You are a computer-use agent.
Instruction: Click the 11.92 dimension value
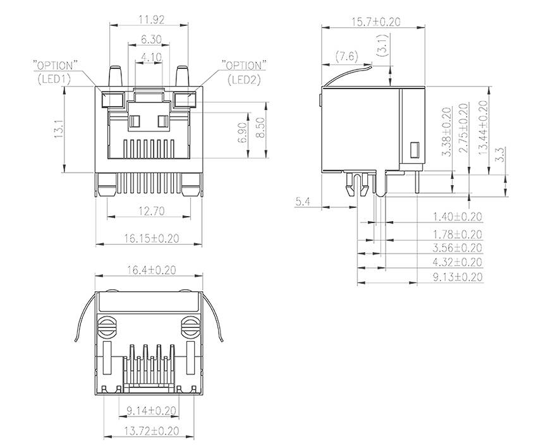(151, 20)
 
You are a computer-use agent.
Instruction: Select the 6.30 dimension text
(151, 39)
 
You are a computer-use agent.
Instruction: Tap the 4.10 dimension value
(151, 57)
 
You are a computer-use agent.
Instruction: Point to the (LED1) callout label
(55, 79)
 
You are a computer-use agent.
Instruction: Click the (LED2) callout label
(245, 79)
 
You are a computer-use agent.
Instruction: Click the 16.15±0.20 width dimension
(151, 238)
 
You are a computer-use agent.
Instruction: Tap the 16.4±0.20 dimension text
(150, 270)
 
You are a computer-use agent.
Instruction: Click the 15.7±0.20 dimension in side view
(375, 21)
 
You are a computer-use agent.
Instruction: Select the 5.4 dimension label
(303, 202)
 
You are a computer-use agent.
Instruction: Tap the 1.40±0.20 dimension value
(457, 217)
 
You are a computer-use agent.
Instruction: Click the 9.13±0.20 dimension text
(457, 277)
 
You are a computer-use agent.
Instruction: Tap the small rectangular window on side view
(415, 150)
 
